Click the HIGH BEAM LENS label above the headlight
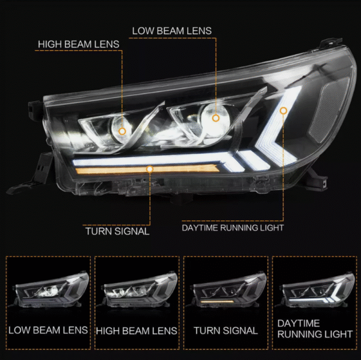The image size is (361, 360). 78,44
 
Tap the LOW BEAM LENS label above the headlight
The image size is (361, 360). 171,31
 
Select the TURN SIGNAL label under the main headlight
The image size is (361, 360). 117,231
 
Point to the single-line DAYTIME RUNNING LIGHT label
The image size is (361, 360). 233,228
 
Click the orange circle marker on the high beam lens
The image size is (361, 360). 122,131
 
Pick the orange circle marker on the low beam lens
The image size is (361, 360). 216,118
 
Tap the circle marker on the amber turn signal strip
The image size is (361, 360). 150,169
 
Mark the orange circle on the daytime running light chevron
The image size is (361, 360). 283,111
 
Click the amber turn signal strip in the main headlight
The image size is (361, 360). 147,170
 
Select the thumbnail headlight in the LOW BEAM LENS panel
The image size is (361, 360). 48,290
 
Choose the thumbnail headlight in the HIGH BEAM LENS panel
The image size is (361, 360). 137,290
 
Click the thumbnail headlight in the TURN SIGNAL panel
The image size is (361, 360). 226,290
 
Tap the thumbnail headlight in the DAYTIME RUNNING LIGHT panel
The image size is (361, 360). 315,291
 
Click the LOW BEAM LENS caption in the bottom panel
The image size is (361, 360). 48,330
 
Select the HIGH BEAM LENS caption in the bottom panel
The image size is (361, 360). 137,331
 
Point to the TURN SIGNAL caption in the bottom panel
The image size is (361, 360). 226,331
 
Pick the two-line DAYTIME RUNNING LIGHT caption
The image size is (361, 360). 315,329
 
